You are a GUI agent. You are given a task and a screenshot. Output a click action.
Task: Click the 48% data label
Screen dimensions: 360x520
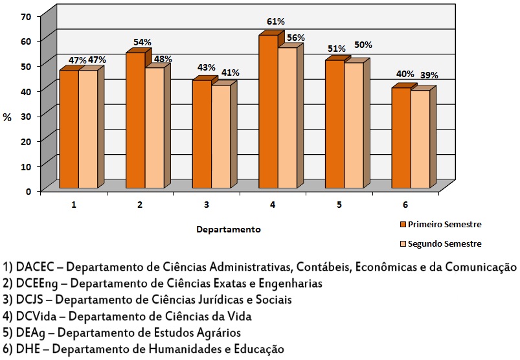click(x=163, y=59)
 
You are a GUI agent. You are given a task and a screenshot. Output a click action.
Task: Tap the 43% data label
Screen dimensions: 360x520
click(x=207, y=67)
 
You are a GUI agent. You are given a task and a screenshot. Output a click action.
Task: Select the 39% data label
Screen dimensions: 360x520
click(x=428, y=75)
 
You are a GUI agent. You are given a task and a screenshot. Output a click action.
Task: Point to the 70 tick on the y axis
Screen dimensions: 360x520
click(x=27, y=16)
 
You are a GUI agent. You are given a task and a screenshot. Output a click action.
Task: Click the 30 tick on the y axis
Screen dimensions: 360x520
click(x=27, y=116)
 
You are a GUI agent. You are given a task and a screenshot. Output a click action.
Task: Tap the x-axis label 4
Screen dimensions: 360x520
click(x=273, y=205)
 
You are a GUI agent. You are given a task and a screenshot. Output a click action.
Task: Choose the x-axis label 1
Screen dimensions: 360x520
click(x=74, y=205)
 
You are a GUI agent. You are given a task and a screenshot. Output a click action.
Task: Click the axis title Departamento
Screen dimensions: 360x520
click(x=229, y=229)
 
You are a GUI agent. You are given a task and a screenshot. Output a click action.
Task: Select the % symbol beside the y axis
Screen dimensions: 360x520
click(x=7, y=117)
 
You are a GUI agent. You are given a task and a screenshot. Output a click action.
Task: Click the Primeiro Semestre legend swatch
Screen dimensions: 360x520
click(x=401, y=225)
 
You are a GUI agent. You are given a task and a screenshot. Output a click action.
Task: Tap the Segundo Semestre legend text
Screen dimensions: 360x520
click(x=444, y=244)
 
